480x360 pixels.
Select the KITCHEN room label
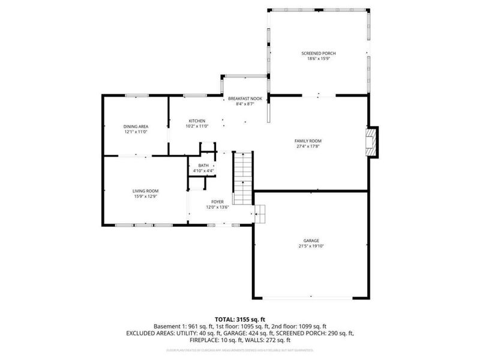[x=197, y=121]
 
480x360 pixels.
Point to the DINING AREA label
[x=136, y=126]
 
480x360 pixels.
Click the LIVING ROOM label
[x=145, y=191]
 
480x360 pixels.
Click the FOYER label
[x=217, y=202]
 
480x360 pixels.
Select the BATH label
[x=203, y=166]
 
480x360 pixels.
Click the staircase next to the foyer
[x=242, y=177]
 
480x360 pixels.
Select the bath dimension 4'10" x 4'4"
[x=203, y=171]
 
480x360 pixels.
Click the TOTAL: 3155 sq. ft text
[x=239, y=319]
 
